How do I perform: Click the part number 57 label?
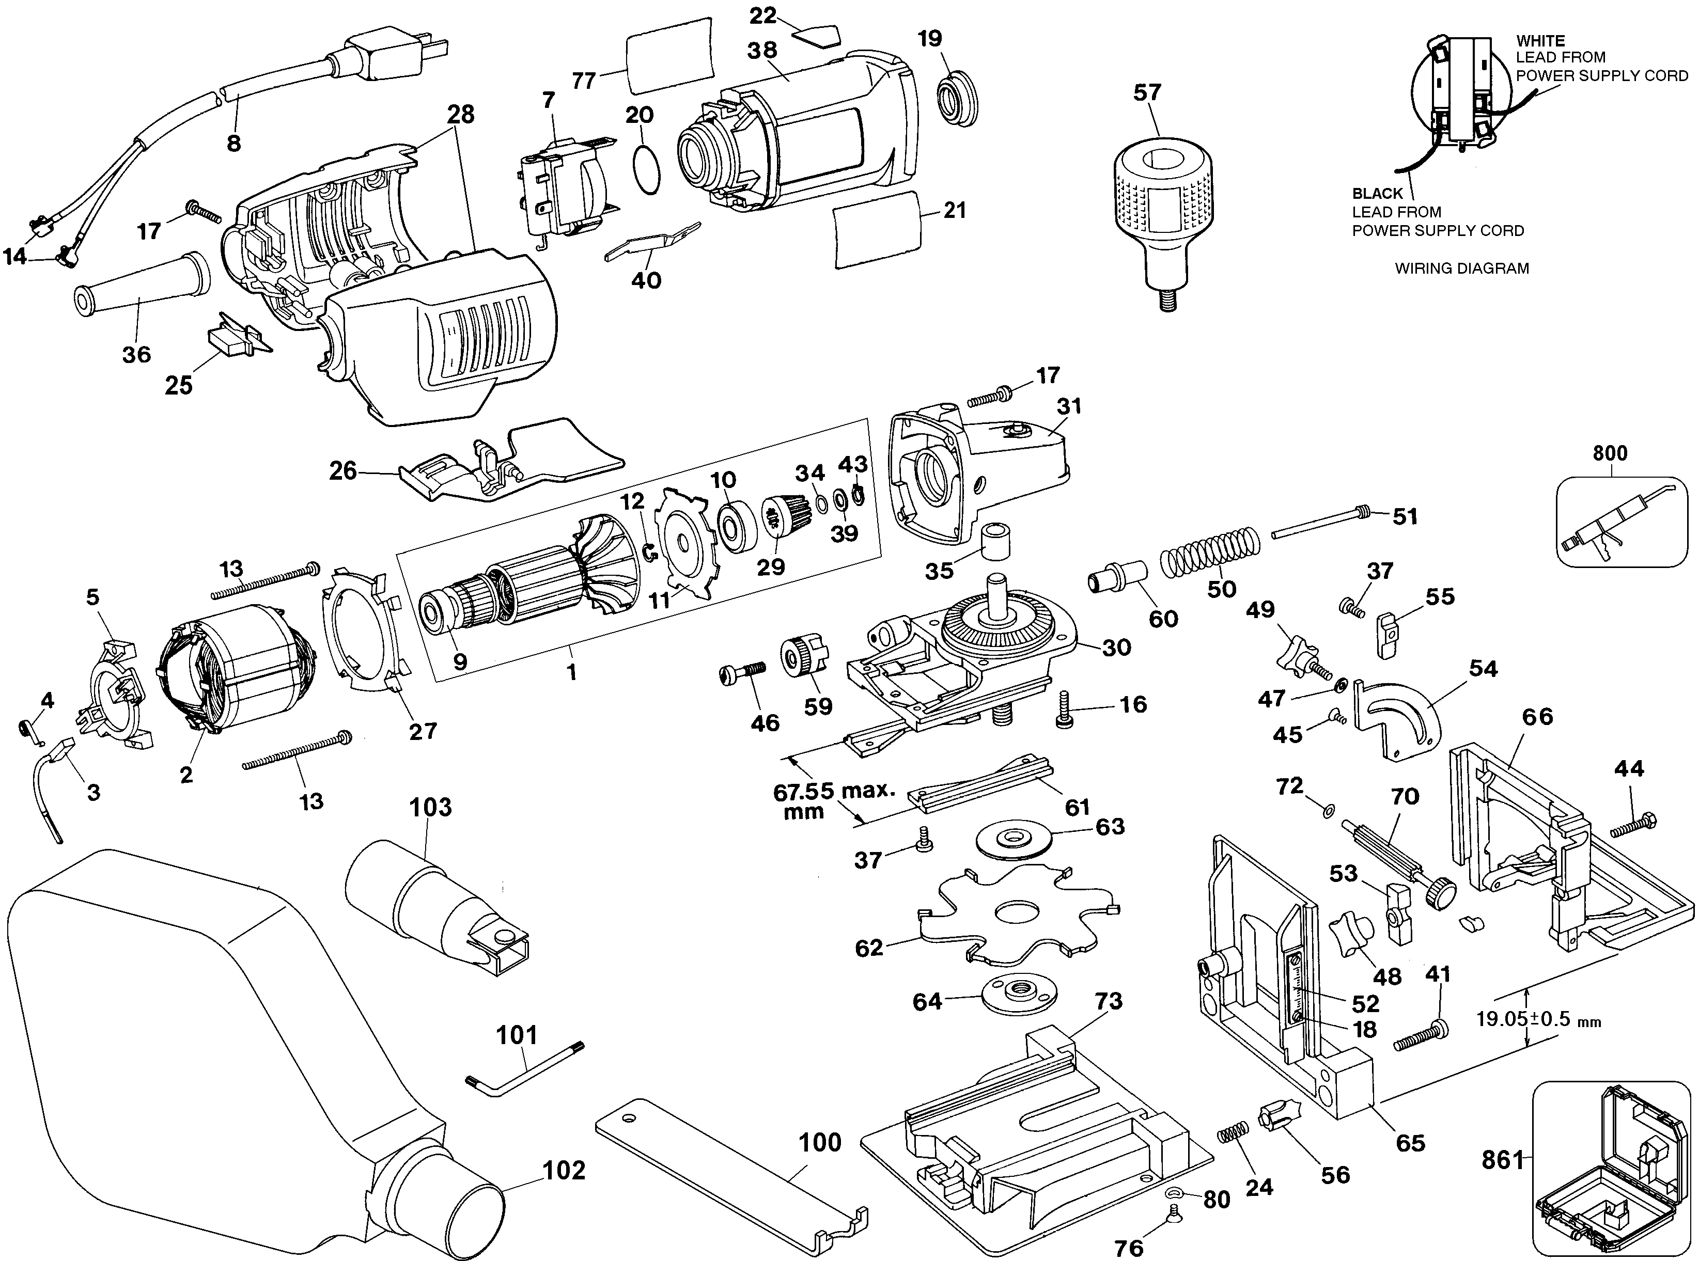click(1147, 92)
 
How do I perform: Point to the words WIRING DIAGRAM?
click(1461, 269)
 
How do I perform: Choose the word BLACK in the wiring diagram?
click(1378, 194)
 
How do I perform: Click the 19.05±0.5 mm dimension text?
click(1538, 1019)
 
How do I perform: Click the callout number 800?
click(1610, 453)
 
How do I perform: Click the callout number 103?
click(431, 807)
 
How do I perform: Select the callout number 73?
click(1108, 1001)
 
